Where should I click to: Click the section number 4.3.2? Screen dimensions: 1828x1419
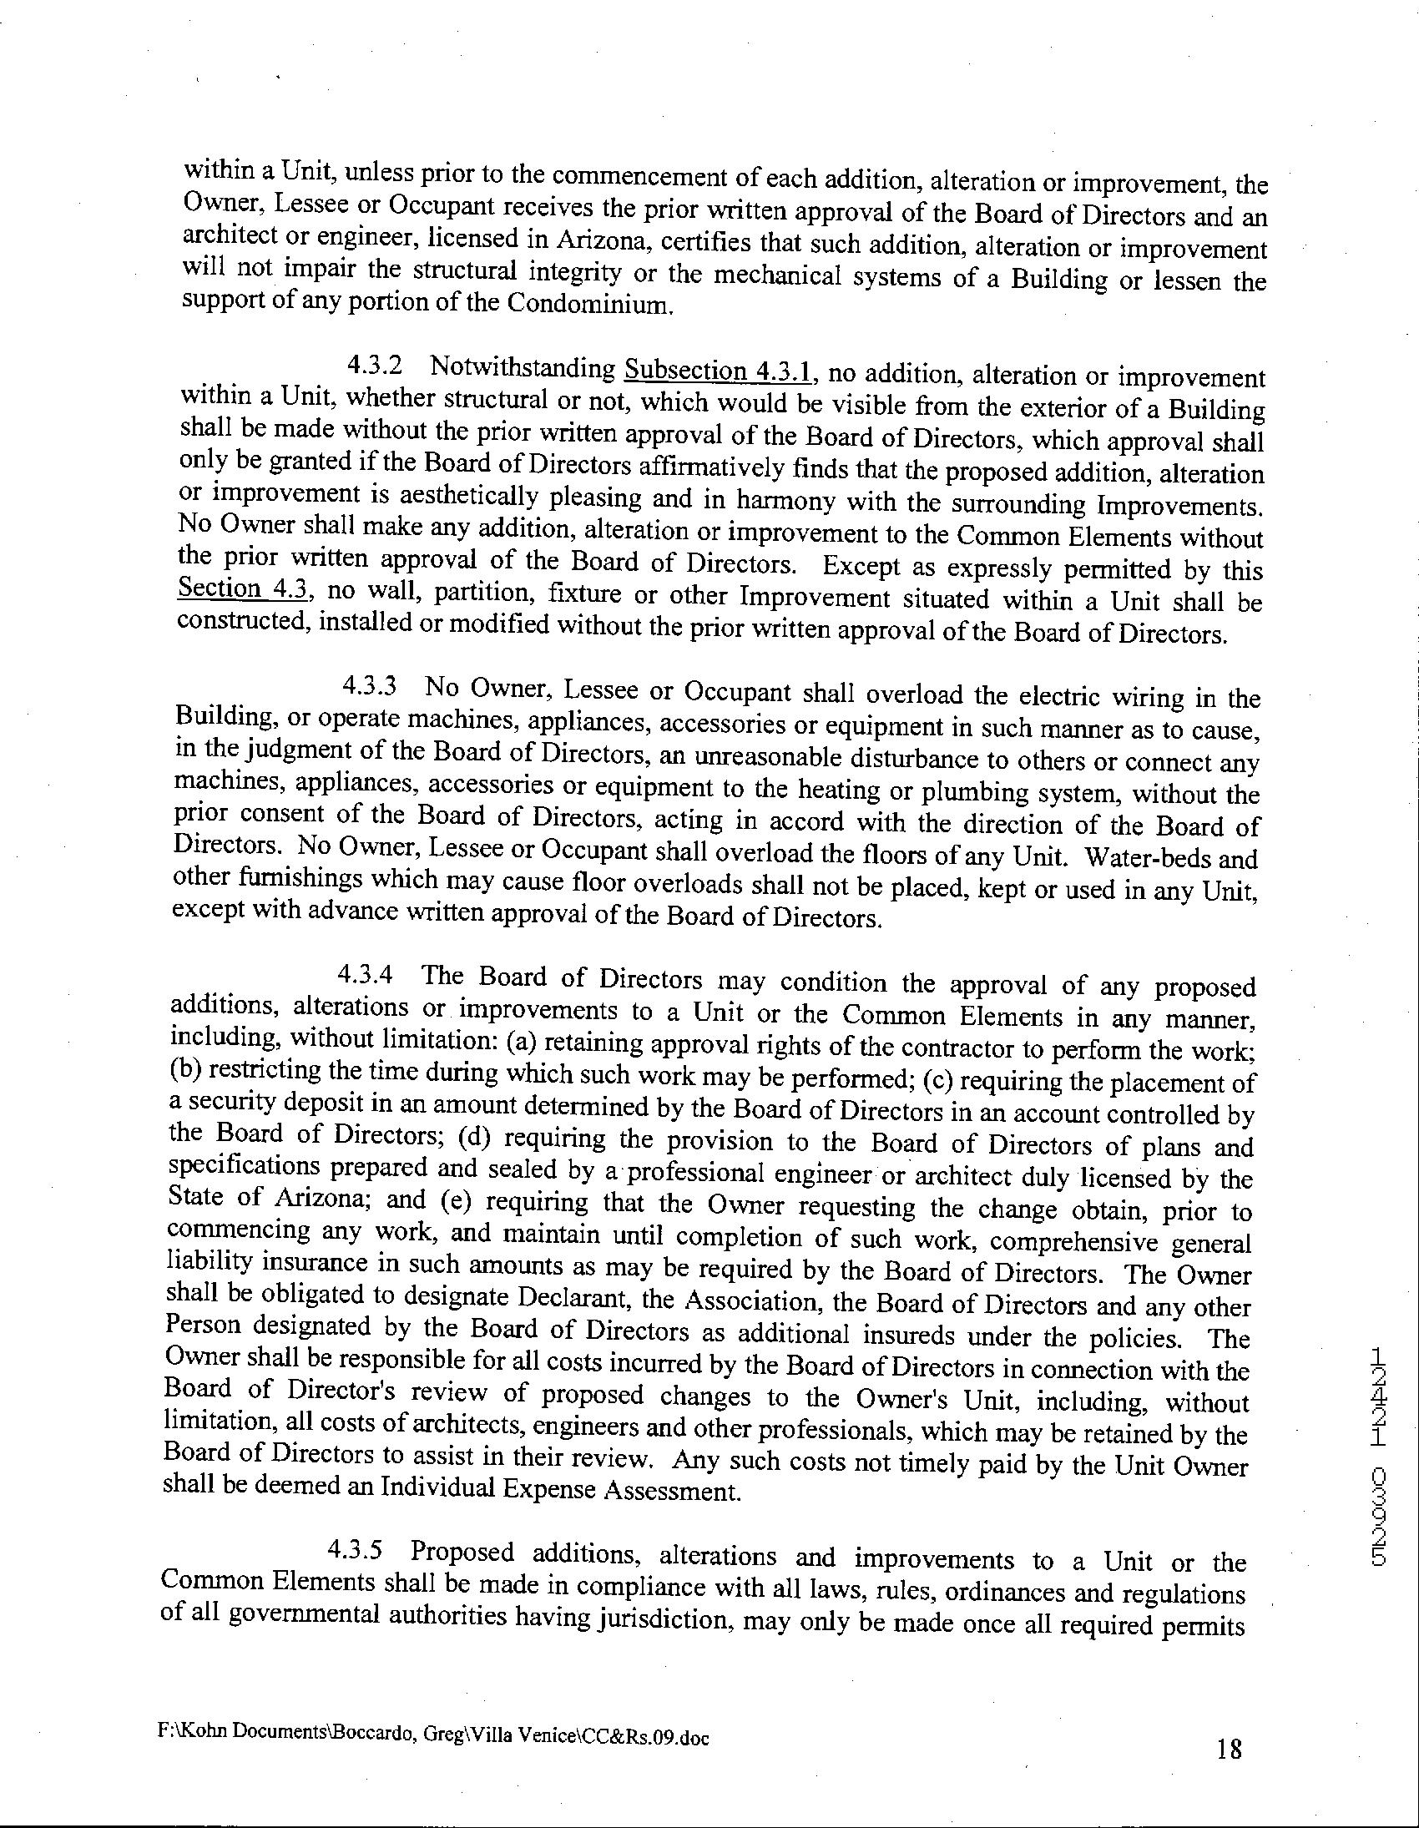(x=374, y=366)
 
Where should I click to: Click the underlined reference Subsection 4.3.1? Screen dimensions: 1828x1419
(x=721, y=370)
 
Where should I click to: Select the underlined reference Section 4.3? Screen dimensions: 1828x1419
(x=245, y=589)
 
